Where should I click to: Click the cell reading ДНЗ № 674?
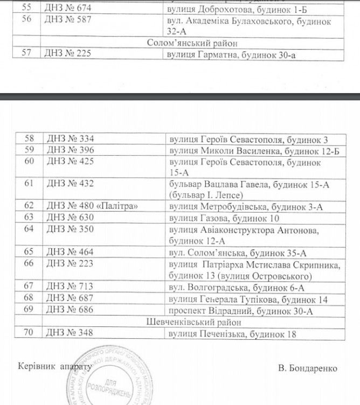(x=69, y=8)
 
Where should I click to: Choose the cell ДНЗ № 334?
(x=70, y=139)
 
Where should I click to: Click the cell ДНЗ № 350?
(x=70, y=229)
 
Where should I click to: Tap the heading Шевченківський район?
(x=182, y=322)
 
